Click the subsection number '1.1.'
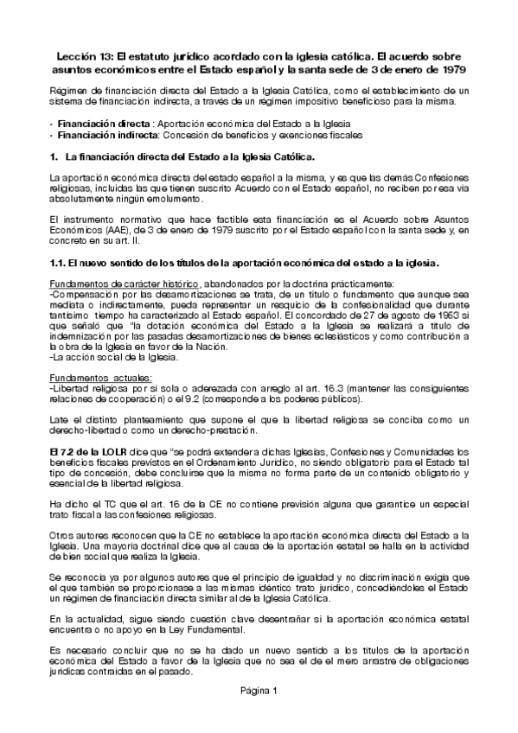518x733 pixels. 58,261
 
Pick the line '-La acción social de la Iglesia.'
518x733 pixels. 112,356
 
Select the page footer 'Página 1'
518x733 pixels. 259,716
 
